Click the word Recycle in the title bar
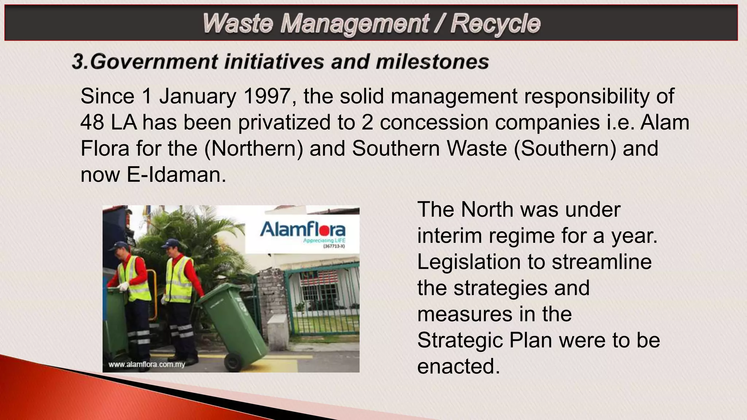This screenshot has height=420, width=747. click(x=495, y=24)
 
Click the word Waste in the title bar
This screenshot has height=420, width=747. click(x=238, y=24)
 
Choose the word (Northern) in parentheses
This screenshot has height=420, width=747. click(x=253, y=148)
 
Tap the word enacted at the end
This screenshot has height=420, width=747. click(x=458, y=366)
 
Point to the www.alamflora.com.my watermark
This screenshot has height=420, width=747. click(x=147, y=364)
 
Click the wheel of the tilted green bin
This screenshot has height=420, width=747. click(x=232, y=362)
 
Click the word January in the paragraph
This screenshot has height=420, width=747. click(x=197, y=96)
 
